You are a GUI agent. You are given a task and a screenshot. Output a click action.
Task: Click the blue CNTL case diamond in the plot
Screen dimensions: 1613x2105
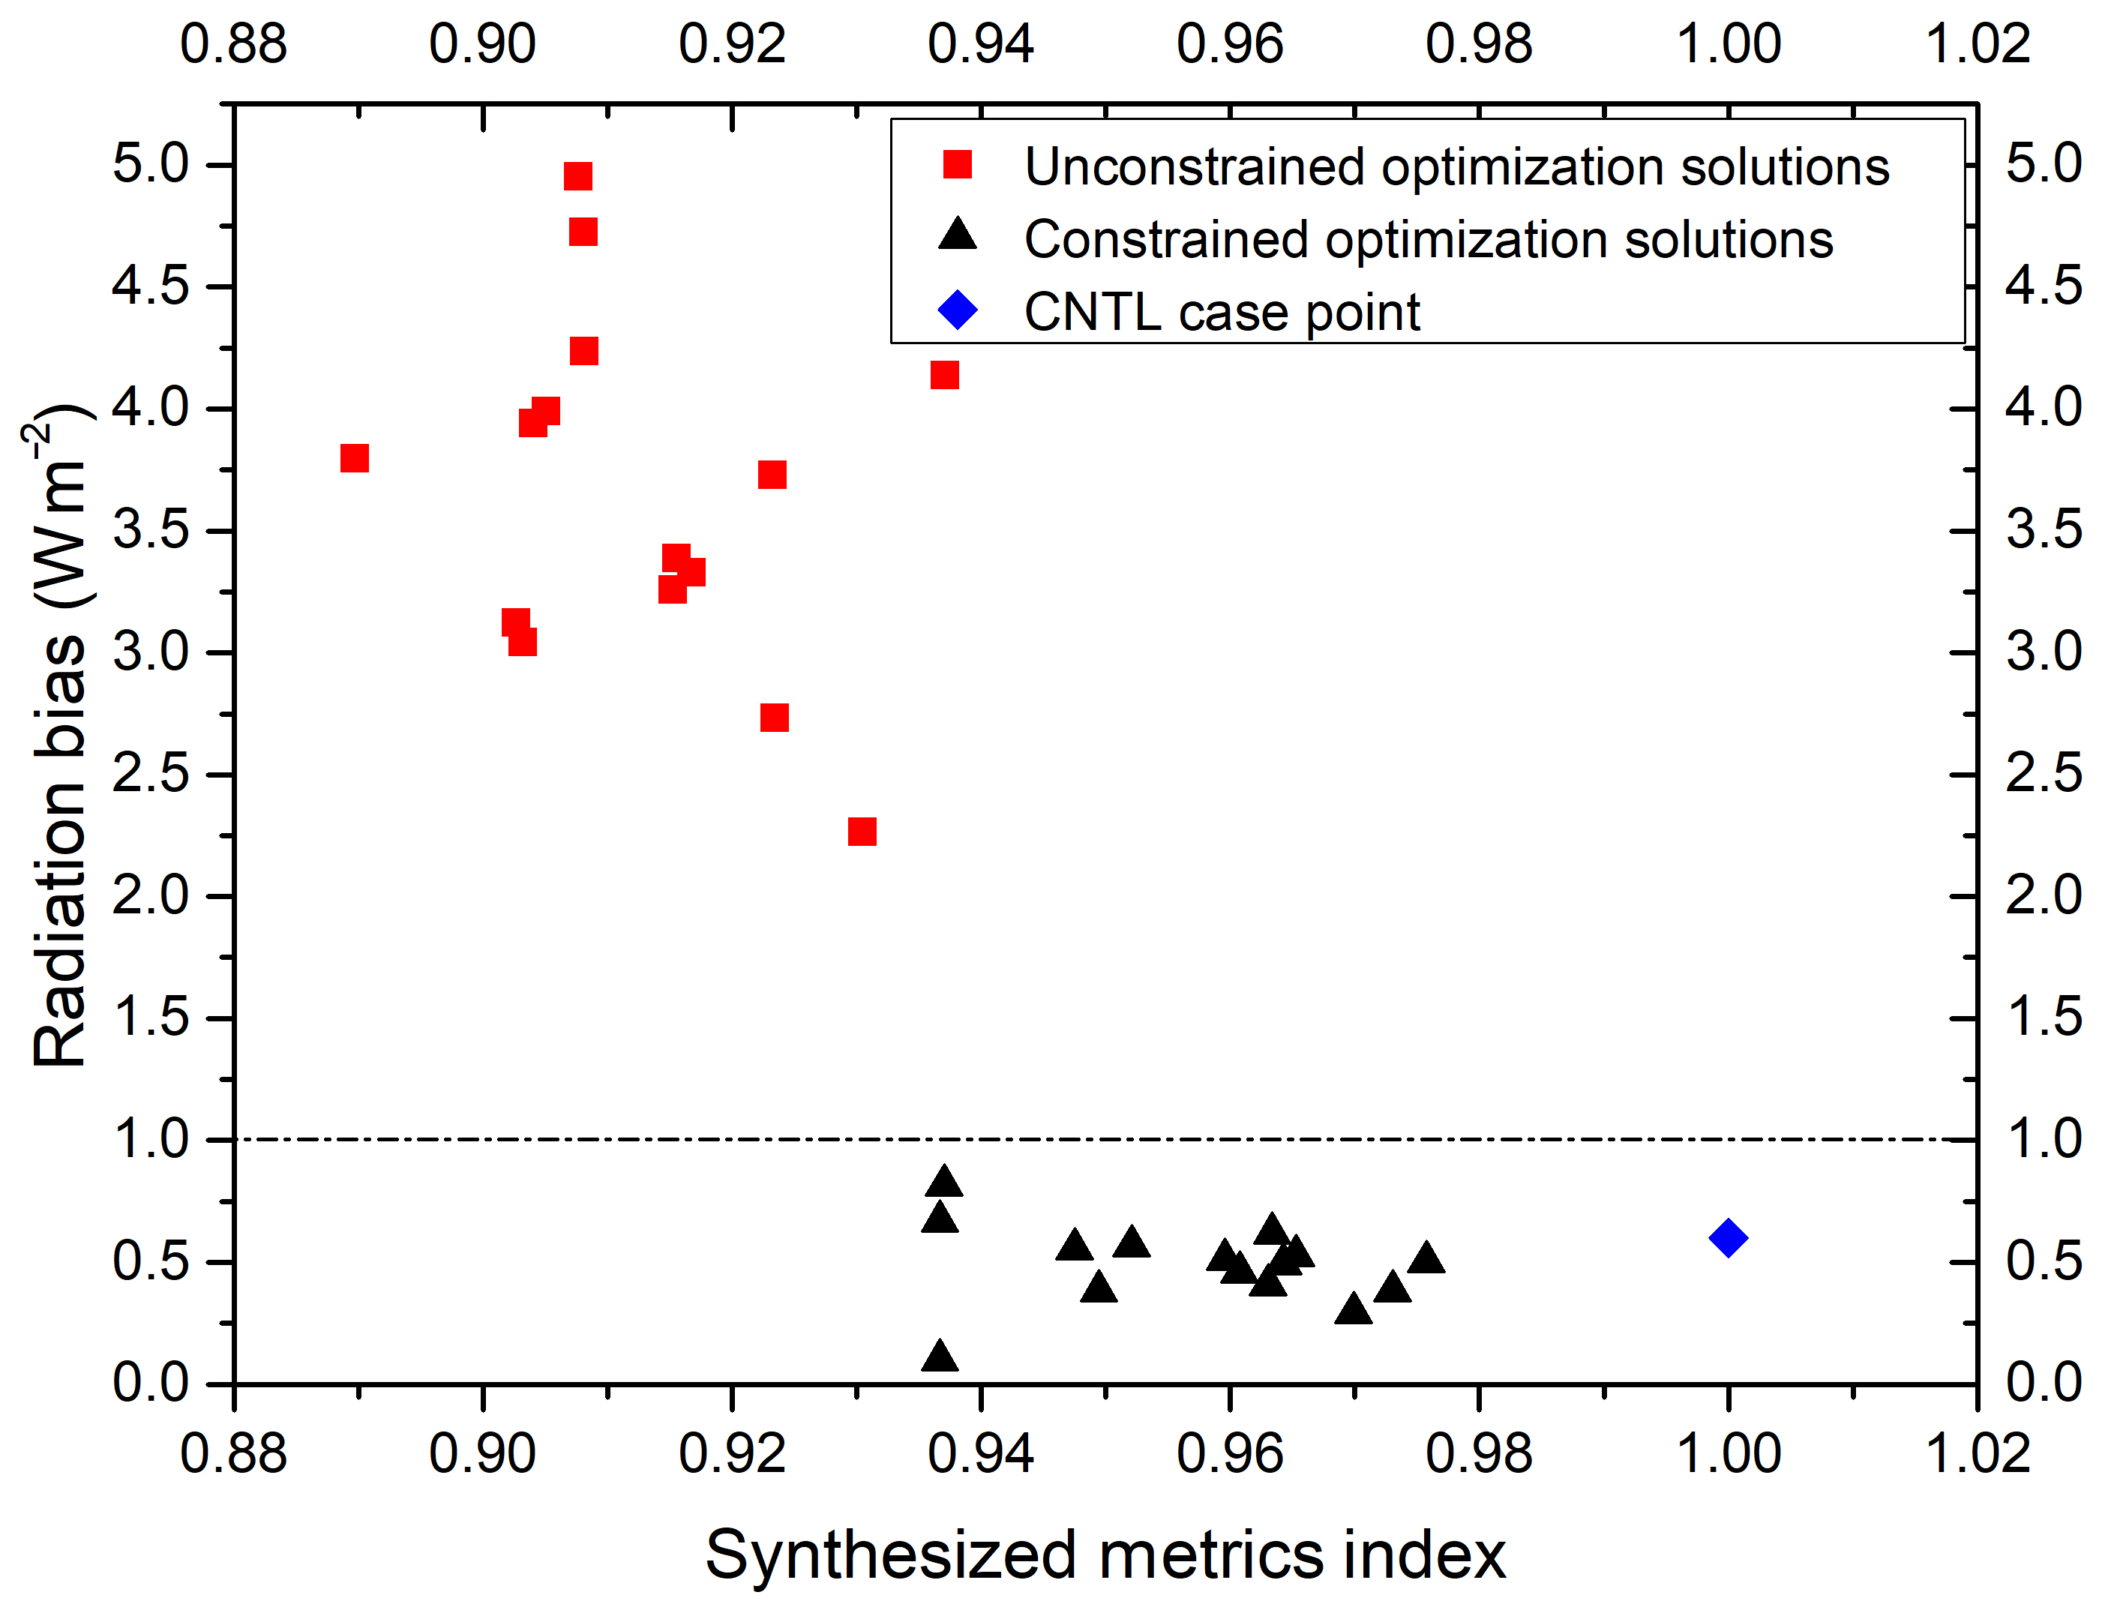[1727, 1237]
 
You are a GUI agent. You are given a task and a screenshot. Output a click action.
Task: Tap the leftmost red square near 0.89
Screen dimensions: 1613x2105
[354, 458]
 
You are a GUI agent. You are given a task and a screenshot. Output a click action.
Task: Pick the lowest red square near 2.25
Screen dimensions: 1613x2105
[862, 832]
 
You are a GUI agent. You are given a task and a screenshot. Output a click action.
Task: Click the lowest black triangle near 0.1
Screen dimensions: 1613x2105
[940, 1357]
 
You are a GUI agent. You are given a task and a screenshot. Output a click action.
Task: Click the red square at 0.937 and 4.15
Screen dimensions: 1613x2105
[945, 374]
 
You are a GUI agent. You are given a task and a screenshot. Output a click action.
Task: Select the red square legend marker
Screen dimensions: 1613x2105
[957, 165]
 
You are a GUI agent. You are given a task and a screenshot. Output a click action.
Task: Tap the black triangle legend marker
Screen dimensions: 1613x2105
[957, 236]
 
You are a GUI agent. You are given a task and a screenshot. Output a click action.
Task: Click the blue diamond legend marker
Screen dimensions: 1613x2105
[957, 310]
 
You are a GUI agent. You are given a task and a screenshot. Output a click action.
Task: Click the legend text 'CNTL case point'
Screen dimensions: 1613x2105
[1221, 312]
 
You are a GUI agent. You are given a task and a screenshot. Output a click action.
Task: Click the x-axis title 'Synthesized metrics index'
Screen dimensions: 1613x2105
[1105, 1555]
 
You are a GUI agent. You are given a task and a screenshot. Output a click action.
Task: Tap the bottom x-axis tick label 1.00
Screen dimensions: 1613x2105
[1728, 1453]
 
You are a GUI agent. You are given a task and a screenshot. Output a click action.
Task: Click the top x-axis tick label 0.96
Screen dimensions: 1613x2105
[1230, 44]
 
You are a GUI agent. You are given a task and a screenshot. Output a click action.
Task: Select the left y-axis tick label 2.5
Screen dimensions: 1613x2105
[151, 774]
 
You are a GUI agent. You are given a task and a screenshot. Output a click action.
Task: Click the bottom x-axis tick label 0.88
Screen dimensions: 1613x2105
[233, 1453]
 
